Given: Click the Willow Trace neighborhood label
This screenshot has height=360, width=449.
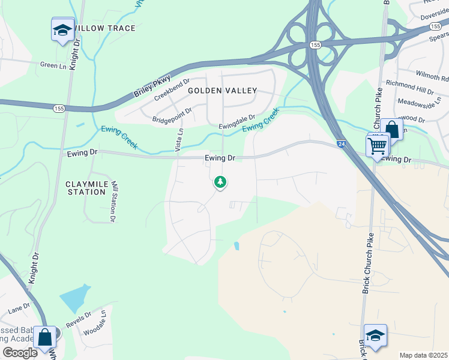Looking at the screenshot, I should pos(106,28).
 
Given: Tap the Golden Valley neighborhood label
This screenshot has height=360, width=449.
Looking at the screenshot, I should pos(223,91).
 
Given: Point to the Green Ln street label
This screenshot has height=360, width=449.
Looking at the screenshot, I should pos(53,65).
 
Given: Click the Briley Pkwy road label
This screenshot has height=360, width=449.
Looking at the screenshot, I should pos(152,85).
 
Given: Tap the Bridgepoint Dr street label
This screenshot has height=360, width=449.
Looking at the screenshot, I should pos(172,115).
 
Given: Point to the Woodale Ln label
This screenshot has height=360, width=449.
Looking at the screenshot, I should pos(95,323).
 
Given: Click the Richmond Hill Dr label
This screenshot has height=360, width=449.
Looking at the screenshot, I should pos(409,87).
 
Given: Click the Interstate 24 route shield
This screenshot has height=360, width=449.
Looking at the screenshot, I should pos(341,145).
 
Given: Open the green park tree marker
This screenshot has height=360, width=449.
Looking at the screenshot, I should pos(220,182).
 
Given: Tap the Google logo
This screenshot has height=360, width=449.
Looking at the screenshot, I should pos(20,353).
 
